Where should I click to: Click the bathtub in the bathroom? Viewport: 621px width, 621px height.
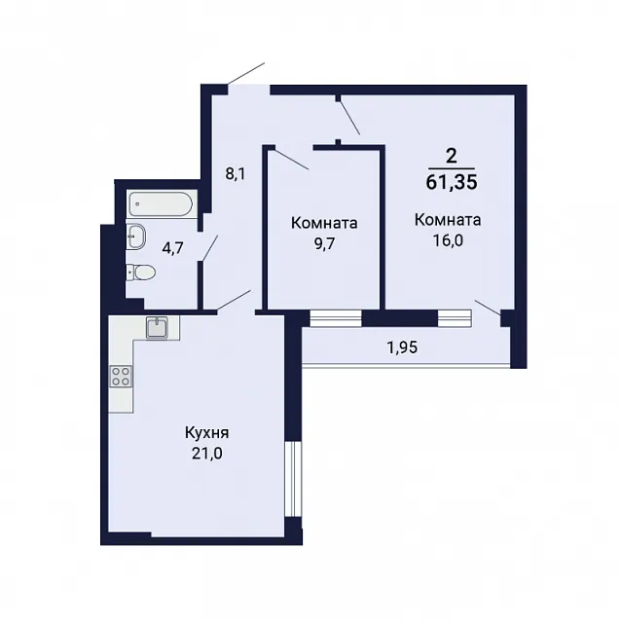(x=161, y=204)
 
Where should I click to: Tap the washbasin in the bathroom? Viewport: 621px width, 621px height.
(x=136, y=237)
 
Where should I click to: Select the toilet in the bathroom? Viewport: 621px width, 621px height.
(x=140, y=273)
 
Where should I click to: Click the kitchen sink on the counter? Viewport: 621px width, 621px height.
(x=157, y=327)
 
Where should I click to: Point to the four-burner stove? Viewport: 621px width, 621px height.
(x=121, y=377)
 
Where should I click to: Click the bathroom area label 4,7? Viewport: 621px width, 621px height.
(x=173, y=249)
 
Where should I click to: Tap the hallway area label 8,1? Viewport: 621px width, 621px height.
(x=236, y=174)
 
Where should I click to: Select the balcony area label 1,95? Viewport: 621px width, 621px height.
(x=402, y=347)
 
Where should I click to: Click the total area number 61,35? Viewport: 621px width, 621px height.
(x=452, y=182)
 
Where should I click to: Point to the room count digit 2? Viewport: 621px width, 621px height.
(x=451, y=157)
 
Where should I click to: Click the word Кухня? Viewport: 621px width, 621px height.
(x=206, y=433)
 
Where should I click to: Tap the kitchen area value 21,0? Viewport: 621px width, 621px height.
(x=207, y=454)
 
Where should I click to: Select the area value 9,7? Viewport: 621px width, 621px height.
(x=324, y=244)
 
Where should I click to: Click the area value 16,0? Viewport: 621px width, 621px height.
(x=448, y=240)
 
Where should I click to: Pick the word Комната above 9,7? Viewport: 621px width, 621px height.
(x=324, y=223)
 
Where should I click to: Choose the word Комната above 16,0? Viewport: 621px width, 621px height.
(x=448, y=220)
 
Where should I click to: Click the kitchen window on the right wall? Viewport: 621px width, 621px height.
(x=294, y=479)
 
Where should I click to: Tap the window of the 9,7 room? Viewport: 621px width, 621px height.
(x=336, y=318)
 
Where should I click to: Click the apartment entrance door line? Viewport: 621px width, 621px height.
(x=246, y=73)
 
